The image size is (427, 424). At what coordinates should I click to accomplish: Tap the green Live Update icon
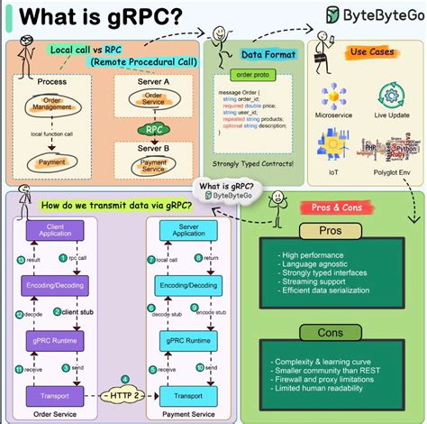[x=393, y=97]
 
